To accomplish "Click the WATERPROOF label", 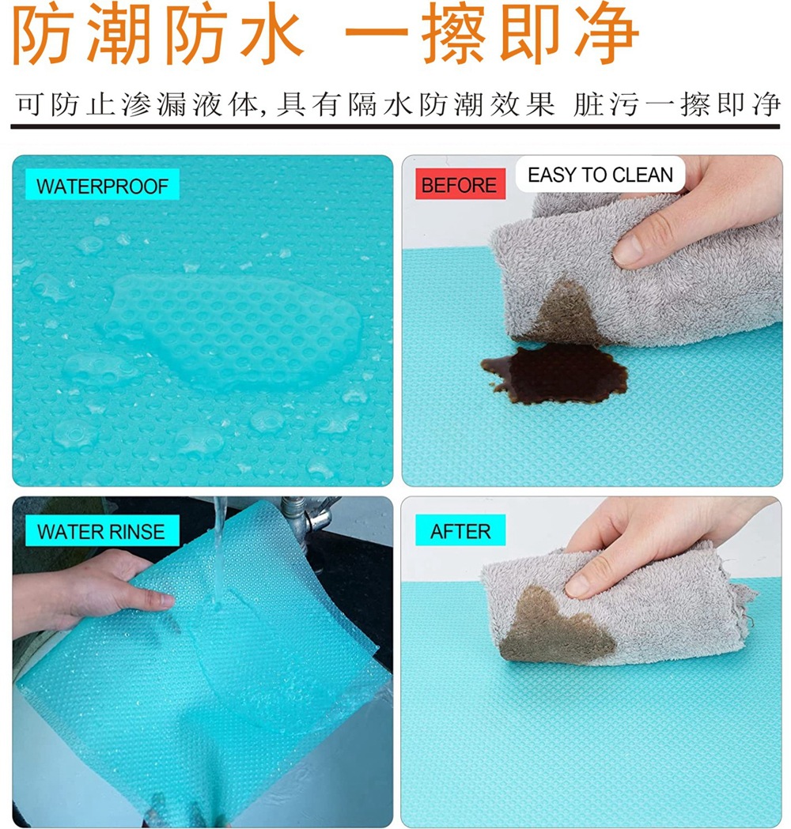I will [x=102, y=187].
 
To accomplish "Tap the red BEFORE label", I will [x=460, y=186].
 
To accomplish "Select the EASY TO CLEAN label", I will [x=600, y=175].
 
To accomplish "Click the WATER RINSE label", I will [x=100, y=531].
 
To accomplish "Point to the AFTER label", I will [x=460, y=531].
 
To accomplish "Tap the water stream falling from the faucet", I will [x=218, y=553].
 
